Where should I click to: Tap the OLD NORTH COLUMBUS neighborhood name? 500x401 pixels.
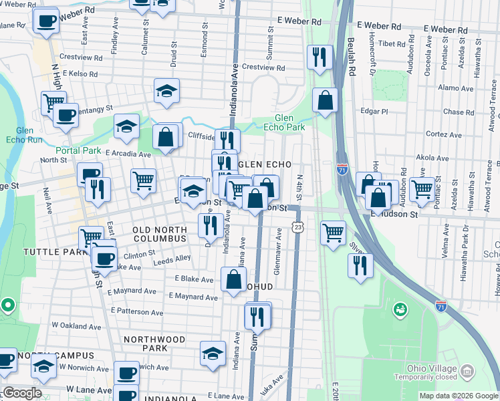coord(159,234)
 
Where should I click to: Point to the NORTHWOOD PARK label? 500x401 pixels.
coord(154,344)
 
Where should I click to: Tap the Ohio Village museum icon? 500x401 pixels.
coord(468,370)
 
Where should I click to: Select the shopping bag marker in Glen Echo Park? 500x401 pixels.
coord(325,101)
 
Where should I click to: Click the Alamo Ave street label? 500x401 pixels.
coord(455,88)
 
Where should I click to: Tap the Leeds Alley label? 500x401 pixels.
coord(173,258)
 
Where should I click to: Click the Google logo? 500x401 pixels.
coord(23,393)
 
